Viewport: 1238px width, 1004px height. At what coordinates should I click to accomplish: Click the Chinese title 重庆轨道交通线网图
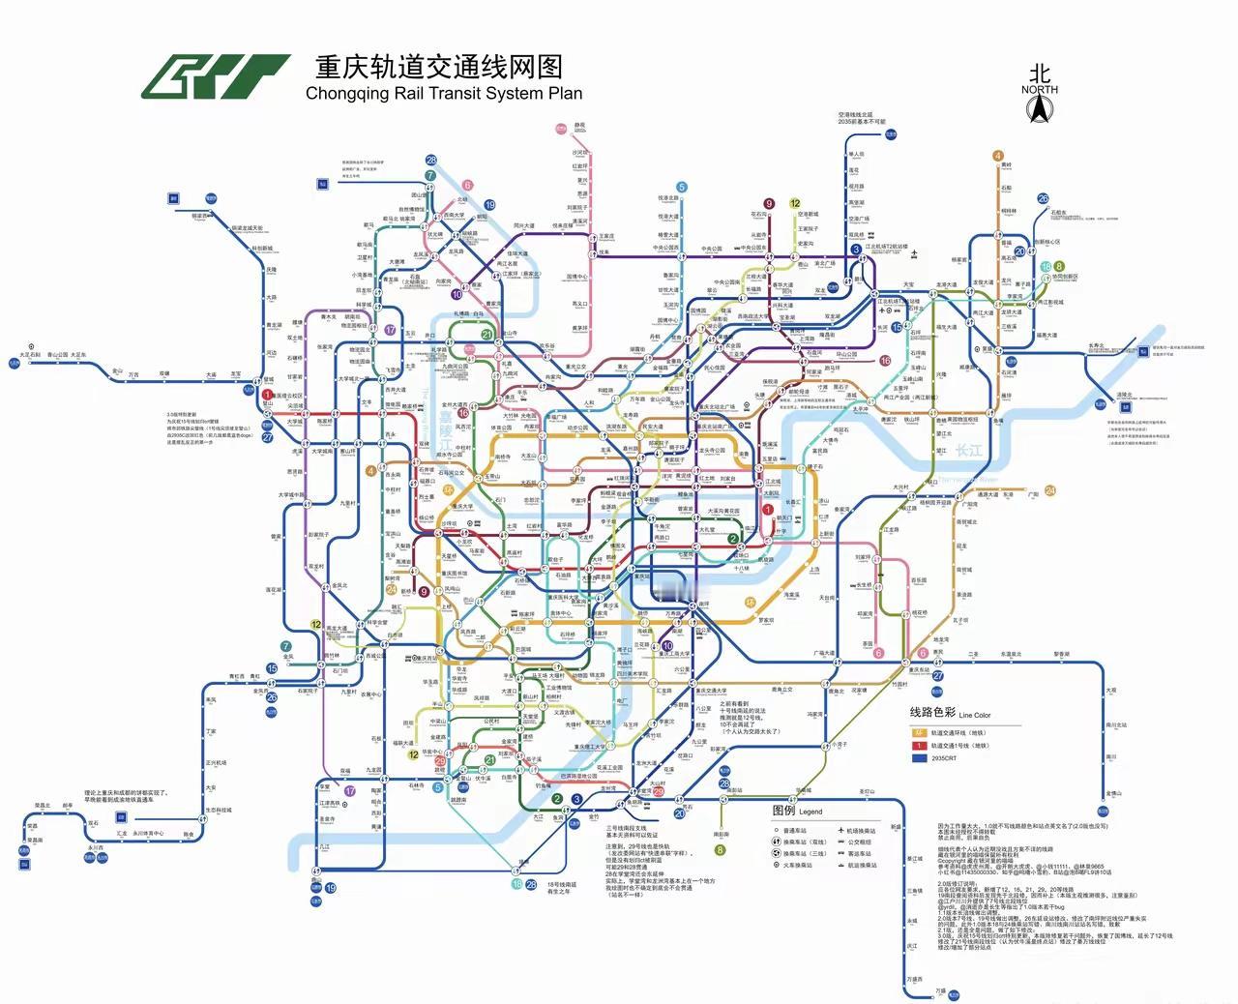click(438, 67)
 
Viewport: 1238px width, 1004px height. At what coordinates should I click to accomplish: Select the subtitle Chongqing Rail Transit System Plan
click(444, 94)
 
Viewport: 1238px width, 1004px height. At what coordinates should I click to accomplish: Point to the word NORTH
click(1040, 90)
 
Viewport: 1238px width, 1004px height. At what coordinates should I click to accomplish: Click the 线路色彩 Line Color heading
click(950, 713)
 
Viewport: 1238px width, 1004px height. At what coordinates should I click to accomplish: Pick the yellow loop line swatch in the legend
click(920, 733)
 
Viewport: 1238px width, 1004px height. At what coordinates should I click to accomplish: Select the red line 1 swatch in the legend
click(920, 746)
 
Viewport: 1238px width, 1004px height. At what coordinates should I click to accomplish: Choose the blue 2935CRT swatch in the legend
click(920, 758)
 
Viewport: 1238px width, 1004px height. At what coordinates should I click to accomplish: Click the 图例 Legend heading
click(796, 811)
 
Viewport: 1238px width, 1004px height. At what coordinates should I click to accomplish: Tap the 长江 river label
click(968, 451)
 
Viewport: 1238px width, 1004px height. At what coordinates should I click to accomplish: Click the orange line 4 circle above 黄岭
click(997, 156)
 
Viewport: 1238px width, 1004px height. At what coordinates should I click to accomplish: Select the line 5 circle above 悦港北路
click(682, 188)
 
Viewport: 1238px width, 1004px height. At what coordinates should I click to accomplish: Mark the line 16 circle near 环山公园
click(884, 361)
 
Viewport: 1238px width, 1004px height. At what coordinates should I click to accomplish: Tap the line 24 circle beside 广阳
click(1049, 491)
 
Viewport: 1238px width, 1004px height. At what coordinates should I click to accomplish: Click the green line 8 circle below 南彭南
click(720, 851)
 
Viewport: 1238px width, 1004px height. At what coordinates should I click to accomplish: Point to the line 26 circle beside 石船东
click(1043, 199)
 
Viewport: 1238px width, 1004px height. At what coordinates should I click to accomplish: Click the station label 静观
click(579, 126)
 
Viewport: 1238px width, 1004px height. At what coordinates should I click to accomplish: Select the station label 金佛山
click(1113, 793)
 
